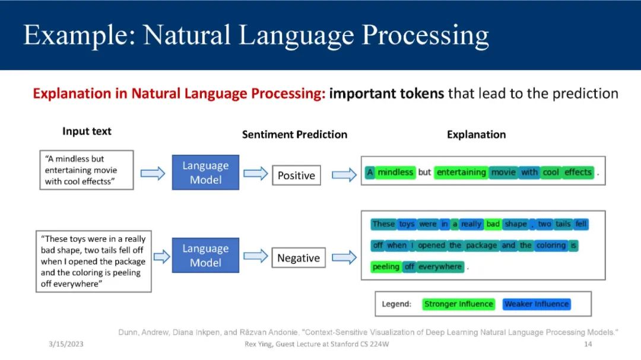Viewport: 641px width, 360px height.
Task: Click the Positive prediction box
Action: pos(296,176)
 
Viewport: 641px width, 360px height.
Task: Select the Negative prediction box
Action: pos(299,258)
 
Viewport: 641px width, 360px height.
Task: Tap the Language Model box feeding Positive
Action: pos(205,173)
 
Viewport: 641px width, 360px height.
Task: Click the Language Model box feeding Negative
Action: pos(205,256)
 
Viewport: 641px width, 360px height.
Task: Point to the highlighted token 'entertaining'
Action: pos(461,172)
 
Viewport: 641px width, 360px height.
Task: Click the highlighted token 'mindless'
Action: pos(395,172)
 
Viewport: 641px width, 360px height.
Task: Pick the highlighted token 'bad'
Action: pos(493,224)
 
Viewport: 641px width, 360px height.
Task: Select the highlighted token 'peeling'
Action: pos(386,266)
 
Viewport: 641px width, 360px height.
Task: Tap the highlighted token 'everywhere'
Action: pos(440,266)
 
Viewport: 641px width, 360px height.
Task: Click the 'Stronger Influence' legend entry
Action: pos(458,304)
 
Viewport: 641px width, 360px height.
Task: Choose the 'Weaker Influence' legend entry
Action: pos(537,304)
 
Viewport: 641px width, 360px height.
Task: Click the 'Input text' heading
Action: pos(87,131)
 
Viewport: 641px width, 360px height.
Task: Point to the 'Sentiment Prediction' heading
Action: pos(294,135)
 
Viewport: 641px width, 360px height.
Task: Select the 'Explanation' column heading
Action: pos(476,135)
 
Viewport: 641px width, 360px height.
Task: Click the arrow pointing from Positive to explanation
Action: pos(344,175)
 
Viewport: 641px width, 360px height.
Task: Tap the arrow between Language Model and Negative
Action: pos(255,256)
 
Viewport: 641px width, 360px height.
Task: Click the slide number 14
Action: pos(588,344)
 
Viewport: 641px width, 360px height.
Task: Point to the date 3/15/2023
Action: pos(66,344)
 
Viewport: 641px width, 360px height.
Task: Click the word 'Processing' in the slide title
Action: pos(425,35)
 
